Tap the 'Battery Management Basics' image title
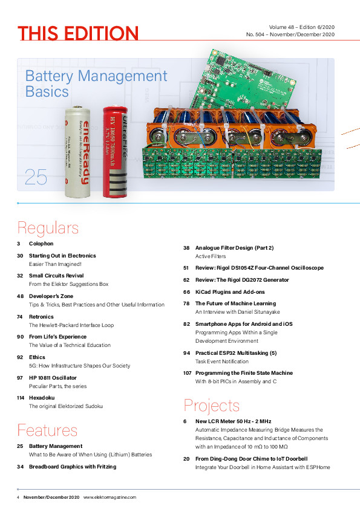(96, 84)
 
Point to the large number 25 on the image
(36, 177)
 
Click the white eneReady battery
(79, 151)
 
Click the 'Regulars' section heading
(48, 228)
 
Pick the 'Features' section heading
(47, 430)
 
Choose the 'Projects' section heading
(211, 405)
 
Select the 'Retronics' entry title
(42, 316)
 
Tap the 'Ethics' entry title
(38, 357)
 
